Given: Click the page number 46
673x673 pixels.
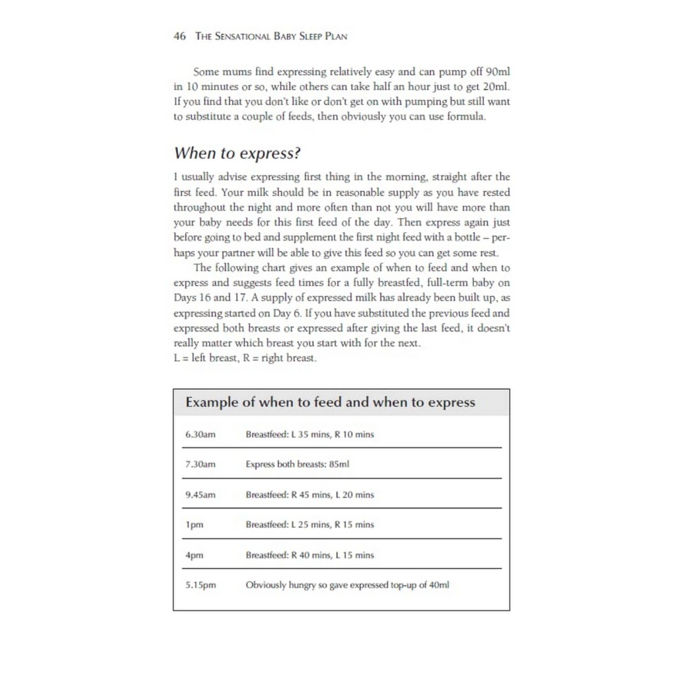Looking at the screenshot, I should coord(180,36).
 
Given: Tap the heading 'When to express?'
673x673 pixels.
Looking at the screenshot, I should coord(237,153).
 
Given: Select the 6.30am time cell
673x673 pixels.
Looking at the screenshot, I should coord(200,435).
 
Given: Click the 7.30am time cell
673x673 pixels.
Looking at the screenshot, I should coord(200,464).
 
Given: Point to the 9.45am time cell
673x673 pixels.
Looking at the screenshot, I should coord(200,495).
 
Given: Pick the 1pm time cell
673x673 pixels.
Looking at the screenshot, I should coord(194,525).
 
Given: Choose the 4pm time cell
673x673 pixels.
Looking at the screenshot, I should coord(194,555).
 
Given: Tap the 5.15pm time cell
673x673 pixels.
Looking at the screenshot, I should coord(200,585).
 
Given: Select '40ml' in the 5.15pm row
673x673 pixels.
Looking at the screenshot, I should coord(439,585).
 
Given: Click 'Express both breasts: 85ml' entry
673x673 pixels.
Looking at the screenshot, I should coord(297,464).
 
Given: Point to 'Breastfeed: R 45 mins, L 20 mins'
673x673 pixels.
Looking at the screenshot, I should coord(310,495).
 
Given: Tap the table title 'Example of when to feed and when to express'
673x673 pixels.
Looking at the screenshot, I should coord(330,402).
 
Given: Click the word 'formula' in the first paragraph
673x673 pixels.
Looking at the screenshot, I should coord(465,117).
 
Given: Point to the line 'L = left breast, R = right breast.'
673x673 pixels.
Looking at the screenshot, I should coord(245,358).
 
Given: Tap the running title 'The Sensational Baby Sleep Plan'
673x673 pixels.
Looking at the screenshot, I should coord(271,36).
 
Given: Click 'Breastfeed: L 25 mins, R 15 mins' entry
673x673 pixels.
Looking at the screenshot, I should coord(310,525).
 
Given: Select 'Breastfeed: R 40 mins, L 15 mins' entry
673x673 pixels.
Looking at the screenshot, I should coord(310,555).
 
